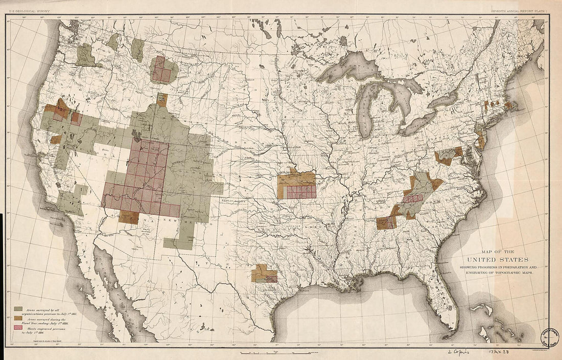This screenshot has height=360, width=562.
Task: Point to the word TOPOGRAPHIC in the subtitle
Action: coord(512,274)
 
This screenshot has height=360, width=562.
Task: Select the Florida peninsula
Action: coord(444,302)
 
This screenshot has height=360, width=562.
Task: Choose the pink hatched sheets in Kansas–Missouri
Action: coord(301,192)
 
